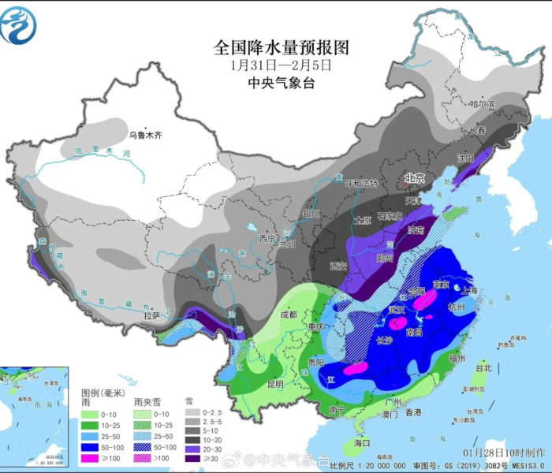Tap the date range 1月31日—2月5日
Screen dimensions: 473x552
click(x=281, y=65)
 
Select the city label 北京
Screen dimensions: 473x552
click(x=414, y=178)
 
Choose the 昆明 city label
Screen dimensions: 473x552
click(x=274, y=384)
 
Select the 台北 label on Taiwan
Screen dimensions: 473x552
click(x=483, y=367)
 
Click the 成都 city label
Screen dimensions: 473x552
click(x=287, y=314)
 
